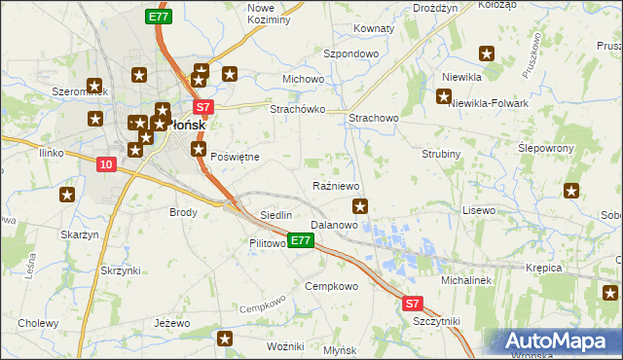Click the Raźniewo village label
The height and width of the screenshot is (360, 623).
pyautogui.click(x=338, y=185)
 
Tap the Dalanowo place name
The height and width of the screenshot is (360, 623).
pyautogui.click(x=335, y=225)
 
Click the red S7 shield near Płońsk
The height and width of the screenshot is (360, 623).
pyautogui.click(x=202, y=107)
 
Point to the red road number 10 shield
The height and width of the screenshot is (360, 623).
pyautogui.click(x=106, y=166)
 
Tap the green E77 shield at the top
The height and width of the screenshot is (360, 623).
pyautogui.click(x=159, y=17)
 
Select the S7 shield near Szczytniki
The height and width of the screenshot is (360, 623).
pyautogui.click(x=414, y=304)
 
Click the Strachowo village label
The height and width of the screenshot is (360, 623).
pyautogui.click(x=374, y=118)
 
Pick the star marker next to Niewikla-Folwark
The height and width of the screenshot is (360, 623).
pyautogui.click(x=444, y=96)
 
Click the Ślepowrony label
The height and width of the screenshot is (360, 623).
pyautogui.click(x=546, y=147)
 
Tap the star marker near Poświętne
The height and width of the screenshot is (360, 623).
pyautogui.click(x=200, y=150)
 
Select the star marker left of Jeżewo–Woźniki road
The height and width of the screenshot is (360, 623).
pyautogui.click(x=226, y=339)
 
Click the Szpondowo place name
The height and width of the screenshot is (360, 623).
pyautogui.click(x=350, y=54)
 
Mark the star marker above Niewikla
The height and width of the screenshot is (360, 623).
pyautogui.click(x=487, y=54)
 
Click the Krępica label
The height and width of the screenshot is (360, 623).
pyautogui.click(x=544, y=266)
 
